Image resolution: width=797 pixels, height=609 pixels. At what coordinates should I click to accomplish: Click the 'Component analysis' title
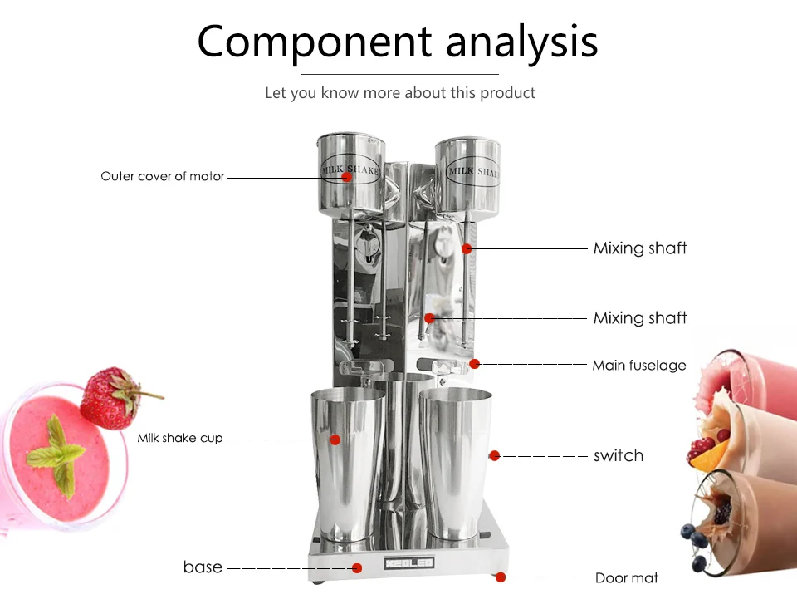398,42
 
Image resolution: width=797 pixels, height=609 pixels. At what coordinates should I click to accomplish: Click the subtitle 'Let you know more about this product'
400,92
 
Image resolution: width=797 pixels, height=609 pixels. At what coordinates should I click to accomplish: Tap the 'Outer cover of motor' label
163,176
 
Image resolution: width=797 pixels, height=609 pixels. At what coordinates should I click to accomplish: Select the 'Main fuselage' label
639,366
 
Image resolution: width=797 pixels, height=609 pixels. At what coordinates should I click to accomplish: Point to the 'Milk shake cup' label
180,438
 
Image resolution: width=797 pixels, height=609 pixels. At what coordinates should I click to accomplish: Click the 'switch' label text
619,455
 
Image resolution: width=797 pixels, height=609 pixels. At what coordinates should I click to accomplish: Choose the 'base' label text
203,567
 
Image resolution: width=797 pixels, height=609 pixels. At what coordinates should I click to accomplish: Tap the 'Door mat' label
627,578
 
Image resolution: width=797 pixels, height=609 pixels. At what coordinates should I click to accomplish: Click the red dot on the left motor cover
347,176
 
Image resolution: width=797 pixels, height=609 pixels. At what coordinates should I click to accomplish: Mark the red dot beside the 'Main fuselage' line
474,364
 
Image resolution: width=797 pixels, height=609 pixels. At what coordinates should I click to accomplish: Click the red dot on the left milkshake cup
335,440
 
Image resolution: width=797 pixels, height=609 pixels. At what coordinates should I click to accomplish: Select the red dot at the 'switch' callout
495,455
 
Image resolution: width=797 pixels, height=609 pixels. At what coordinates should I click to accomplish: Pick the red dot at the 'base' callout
357,567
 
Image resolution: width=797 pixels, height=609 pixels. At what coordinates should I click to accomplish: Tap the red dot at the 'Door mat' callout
501,577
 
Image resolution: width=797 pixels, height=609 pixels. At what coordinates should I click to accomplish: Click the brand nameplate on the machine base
409,562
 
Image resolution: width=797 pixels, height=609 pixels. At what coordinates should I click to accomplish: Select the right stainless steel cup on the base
456,463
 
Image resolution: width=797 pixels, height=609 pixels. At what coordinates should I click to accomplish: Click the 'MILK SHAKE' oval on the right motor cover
472,171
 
